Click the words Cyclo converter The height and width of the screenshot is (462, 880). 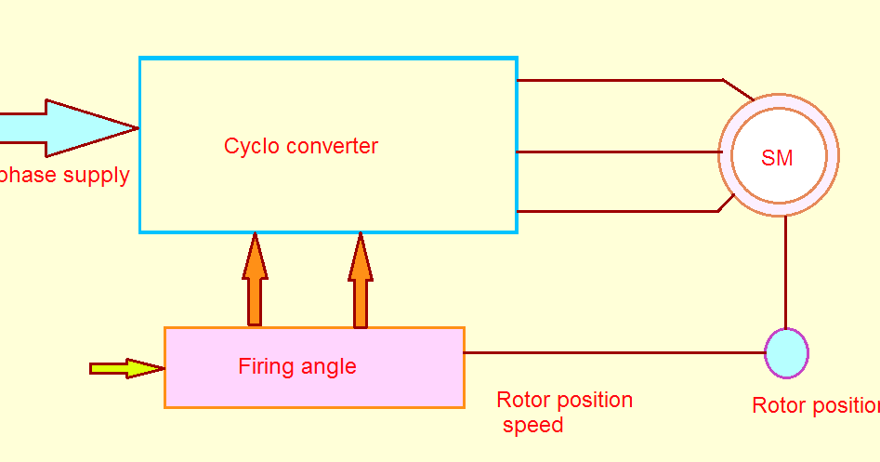pos(301,146)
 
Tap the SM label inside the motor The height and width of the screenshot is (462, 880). pos(777,158)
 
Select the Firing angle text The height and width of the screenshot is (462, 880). pos(297,366)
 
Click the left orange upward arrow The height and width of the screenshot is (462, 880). pos(255,279)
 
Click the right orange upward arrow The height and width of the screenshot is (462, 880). pos(361,279)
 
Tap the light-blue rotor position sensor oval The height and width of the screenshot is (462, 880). pos(786,353)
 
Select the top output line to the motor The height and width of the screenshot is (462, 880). pos(618,80)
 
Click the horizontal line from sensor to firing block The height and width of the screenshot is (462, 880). pos(613,352)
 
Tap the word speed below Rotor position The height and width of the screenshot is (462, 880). pos(533,426)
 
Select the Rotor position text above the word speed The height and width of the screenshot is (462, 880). pos(564,400)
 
